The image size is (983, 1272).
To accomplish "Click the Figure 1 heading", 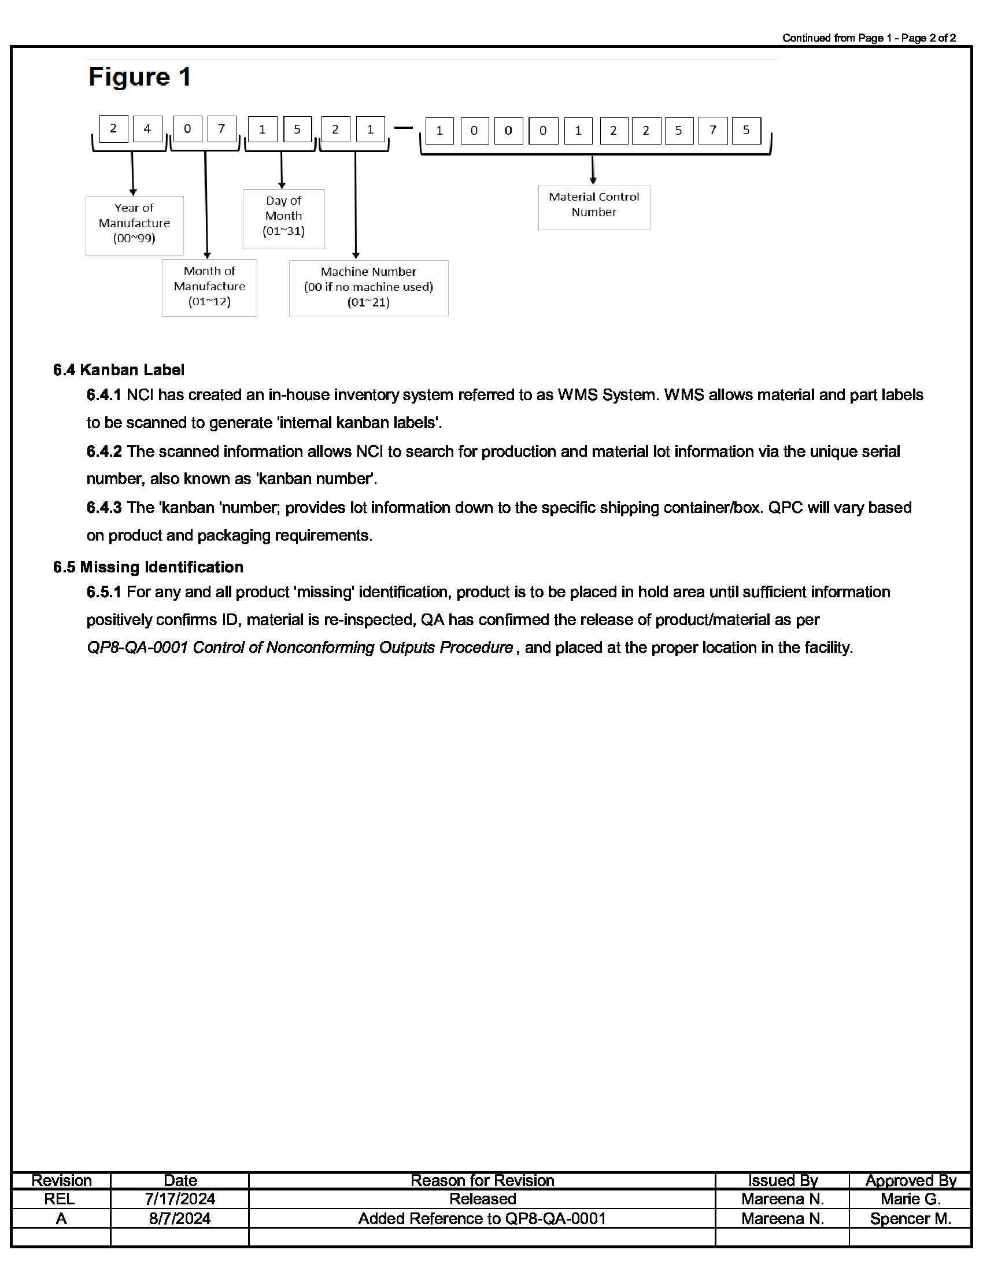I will [140, 77].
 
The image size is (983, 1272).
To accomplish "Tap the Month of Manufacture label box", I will [209, 287].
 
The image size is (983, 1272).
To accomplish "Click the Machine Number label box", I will [369, 288].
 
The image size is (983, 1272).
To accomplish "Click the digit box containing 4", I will [147, 130].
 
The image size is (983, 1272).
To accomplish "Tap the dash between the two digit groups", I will [403, 128].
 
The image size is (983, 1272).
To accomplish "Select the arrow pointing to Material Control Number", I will [593, 170].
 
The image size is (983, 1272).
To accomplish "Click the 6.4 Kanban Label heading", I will [119, 370].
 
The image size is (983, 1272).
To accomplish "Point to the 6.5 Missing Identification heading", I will [148, 567].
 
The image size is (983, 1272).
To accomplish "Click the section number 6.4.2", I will [104, 452].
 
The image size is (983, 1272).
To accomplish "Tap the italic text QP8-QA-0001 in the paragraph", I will [137, 648].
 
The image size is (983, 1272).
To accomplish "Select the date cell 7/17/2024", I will [180, 1199].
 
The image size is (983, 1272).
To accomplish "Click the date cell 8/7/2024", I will [179, 1218].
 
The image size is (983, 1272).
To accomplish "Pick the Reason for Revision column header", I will [482, 1180].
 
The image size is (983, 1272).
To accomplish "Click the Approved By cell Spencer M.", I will [910, 1218].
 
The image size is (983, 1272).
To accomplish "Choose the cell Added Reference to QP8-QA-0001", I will [482, 1218].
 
